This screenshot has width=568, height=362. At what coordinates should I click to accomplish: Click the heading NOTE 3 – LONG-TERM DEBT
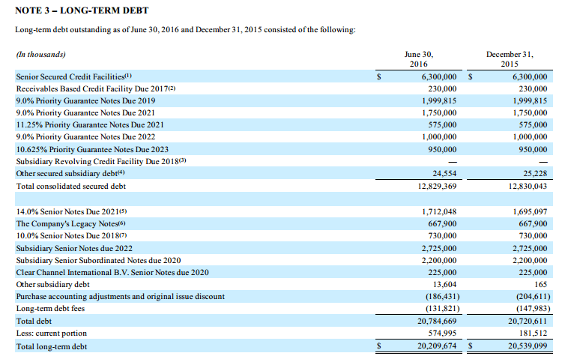[82, 10]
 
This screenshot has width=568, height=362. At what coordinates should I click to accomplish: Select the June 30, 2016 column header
[419, 59]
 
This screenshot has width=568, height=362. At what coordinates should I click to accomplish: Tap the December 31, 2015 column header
[510, 59]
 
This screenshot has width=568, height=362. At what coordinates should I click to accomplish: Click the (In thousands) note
[40, 55]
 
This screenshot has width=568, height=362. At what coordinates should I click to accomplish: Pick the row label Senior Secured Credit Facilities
[70, 76]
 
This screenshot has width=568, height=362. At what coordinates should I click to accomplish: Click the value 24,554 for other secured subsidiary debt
[444, 174]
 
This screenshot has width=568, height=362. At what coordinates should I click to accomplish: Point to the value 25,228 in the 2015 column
[535, 174]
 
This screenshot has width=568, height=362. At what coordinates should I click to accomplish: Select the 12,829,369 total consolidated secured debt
[437, 187]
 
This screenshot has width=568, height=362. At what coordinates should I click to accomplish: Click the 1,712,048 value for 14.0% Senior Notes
[439, 211]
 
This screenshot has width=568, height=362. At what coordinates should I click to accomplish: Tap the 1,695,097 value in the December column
[530, 211]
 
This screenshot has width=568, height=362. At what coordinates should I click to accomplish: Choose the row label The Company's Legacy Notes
[67, 224]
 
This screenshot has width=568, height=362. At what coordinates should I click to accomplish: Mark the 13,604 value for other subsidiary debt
[445, 285]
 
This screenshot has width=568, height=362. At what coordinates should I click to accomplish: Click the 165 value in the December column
[540, 285]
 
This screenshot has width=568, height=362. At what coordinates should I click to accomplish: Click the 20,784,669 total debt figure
[437, 321]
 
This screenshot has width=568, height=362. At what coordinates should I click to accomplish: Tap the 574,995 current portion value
[442, 333]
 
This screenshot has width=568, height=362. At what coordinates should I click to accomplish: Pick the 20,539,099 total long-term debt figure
[528, 346]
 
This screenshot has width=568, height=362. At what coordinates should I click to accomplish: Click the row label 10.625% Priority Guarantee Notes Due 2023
[92, 149]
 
